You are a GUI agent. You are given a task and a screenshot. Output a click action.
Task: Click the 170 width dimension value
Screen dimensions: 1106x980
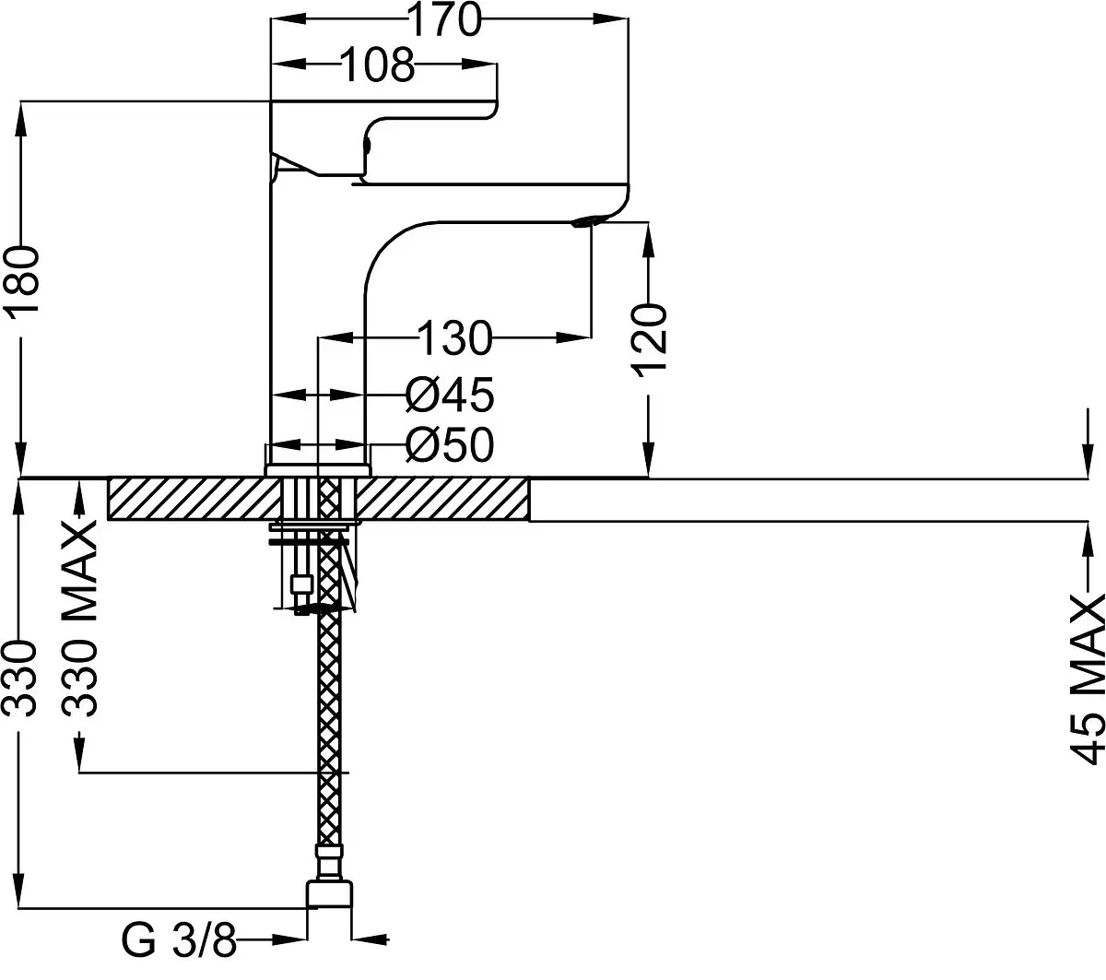(x=445, y=19)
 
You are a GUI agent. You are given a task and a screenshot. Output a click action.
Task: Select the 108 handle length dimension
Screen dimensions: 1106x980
(x=378, y=65)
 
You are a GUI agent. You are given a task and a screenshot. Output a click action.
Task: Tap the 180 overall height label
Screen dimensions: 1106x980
(x=21, y=279)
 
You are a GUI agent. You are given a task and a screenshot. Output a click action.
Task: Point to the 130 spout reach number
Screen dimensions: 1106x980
(x=454, y=338)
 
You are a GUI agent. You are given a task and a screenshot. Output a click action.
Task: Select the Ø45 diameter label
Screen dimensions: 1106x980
(x=450, y=395)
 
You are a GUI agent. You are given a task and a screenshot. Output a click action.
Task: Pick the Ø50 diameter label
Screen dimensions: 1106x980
(x=450, y=445)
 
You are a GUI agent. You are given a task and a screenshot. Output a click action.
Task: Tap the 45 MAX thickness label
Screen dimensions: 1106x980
(x=1088, y=679)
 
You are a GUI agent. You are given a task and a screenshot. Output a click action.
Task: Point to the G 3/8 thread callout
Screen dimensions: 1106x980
(x=179, y=940)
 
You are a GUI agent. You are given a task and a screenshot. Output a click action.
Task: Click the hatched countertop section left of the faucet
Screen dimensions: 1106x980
(x=194, y=499)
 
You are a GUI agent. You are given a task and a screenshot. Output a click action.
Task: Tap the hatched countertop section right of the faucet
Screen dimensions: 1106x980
(x=442, y=499)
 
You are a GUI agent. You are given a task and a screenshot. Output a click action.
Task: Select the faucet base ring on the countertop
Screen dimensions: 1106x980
(x=318, y=470)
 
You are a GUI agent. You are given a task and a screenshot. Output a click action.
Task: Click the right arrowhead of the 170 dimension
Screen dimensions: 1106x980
(x=611, y=18)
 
